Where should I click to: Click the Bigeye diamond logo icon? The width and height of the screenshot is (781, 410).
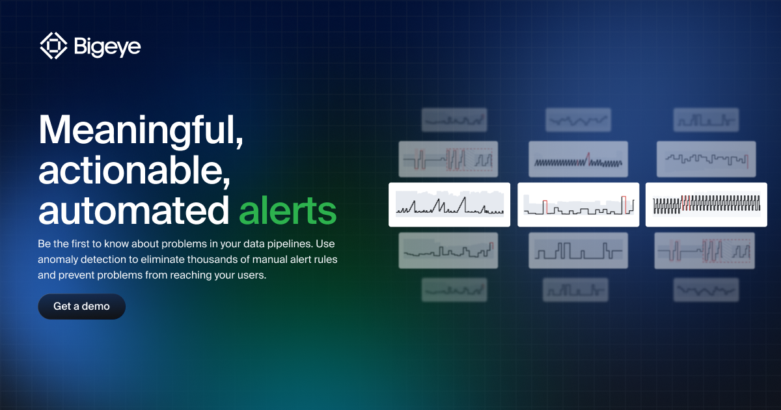click(53, 46)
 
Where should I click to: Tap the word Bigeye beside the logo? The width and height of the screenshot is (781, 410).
click(107, 47)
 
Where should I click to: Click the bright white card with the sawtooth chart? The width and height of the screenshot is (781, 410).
click(449, 204)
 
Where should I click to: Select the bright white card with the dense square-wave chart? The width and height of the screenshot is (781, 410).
click(706, 204)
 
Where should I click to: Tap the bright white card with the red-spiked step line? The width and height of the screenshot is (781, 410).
click(578, 204)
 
